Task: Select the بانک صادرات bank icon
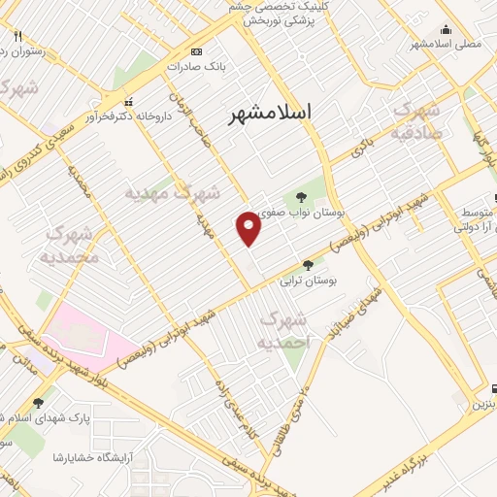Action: pyautogui.click(x=197, y=51)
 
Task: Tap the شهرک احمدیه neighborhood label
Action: pyautogui.click(x=285, y=330)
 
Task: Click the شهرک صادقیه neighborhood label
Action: pyautogui.click(x=419, y=120)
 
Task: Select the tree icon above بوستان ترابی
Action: pyautogui.click(x=308, y=264)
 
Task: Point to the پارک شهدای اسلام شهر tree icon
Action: pyautogui.click(x=38, y=403)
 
